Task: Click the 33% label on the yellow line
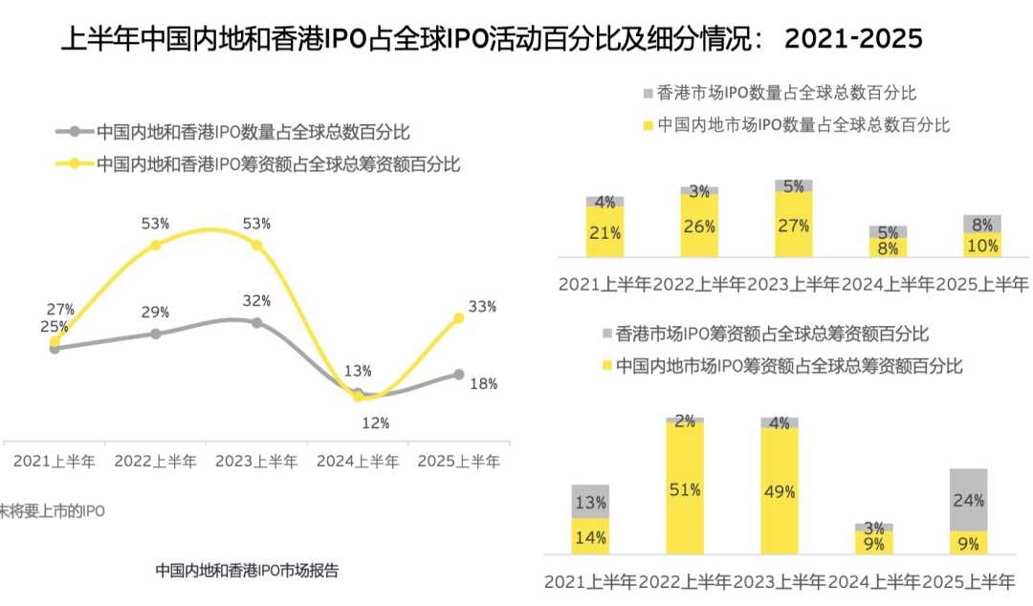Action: pyautogui.click(x=482, y=307)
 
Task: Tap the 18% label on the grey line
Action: pyautogui.click(x=484, y=384)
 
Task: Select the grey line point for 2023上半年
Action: pyautogui.click(x=256, y=323)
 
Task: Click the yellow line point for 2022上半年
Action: pyautogui.click(x=156, y=246)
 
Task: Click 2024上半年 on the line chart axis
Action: pyautogui.click(x=358, y=461)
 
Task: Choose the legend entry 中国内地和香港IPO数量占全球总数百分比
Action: pyautogui.click(x=253, y=132)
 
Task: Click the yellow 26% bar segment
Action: pyautogui.click(x=699, y=227)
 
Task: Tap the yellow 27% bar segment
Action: pyautogui.click(x=794, y=225)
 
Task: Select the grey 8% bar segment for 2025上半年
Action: pyautogui.click(x=982, y=224)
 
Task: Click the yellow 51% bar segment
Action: pyautogui.click(x=685, y=488)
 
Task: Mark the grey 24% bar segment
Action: pyautogui.click(x=968, y=499)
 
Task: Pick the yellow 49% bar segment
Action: pyautogui.click(x=780, y=491)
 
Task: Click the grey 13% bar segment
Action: pyautogui.click(x=590, y=501)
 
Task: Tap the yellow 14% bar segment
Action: pyautogui.click(x=590, y=536)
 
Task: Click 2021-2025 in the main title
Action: pyautogui.click(x=853, y=39)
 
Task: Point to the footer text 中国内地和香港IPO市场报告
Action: pyautogui.click(x=247, y=571)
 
